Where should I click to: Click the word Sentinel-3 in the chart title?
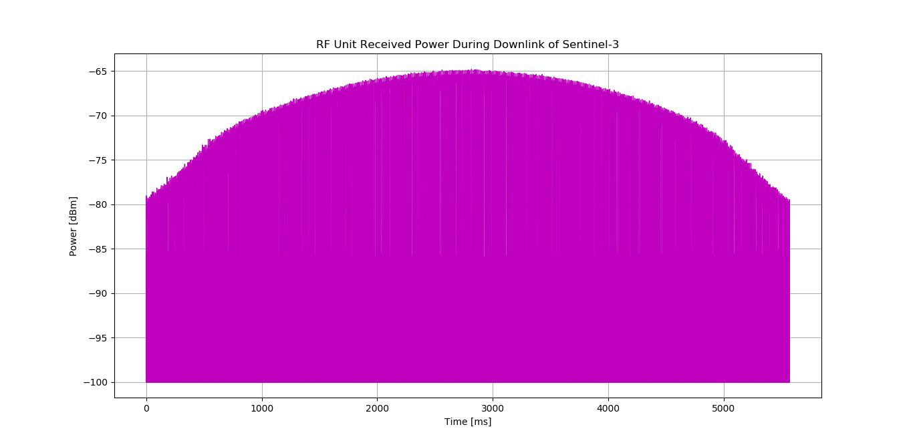pyautogui.click(x=596, y=45)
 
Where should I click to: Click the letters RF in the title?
pyautogui.click(x=323, y=45)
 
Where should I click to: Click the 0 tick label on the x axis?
pyautogui.click(x=146, y=408)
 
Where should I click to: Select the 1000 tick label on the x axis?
pyautogui.click(x=262, y=408)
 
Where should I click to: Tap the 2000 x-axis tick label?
pyautogui.click(x=377, y=408)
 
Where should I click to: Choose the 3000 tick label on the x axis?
pyautogui.click(x=493, y=408)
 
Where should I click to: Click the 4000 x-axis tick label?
pyautogui.click(x=608, y=408)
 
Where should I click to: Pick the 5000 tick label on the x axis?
pyautogui.click(x=724, y=408)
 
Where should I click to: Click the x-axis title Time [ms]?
pyautogui.click(x=468, y=422)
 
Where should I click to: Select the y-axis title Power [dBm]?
pyautogui.click(x=74, y=227)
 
